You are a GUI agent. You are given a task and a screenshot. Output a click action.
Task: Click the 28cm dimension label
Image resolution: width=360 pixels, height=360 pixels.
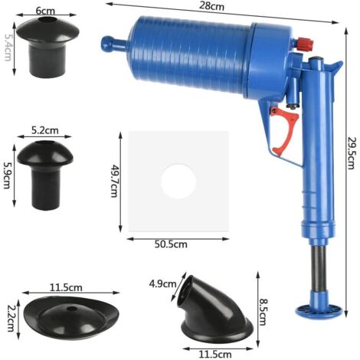point(211,6)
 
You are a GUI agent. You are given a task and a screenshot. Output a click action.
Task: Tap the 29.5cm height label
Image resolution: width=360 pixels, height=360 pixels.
point(351,153)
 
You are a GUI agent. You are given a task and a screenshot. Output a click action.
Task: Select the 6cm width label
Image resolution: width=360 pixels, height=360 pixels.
point(45,11)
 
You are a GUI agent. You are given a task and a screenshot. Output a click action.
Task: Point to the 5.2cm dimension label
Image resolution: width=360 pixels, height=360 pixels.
point(45,130)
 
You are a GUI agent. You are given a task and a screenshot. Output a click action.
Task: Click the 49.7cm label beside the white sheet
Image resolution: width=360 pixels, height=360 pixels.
point(114,181)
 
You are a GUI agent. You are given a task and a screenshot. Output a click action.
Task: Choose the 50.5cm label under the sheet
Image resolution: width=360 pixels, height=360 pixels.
point(171,244)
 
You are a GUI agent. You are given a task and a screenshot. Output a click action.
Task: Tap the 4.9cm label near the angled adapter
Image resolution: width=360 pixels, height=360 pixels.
point(163,283)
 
